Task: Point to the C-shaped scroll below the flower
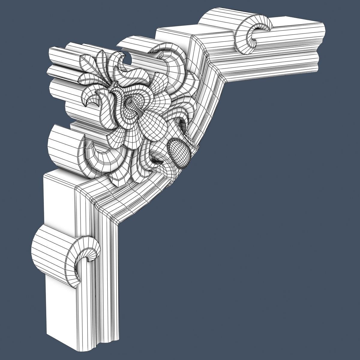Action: tap(96, 156)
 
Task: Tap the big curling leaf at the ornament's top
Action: tap(171, 60)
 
